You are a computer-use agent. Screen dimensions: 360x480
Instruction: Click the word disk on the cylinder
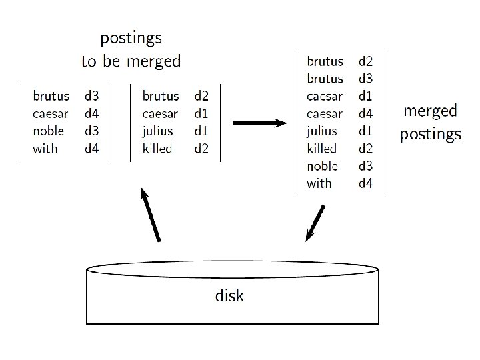pos(229,295)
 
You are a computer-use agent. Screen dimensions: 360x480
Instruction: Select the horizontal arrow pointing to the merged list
pos(259,123)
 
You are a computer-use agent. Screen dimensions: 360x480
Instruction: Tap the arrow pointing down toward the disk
pos(315,223)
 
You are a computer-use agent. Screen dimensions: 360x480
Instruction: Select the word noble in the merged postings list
pos(322,166)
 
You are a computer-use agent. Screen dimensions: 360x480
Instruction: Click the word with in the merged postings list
pos(319,183)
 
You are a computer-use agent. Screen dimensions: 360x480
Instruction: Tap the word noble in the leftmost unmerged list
pos(49,131)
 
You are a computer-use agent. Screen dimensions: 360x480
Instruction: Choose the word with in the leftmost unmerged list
pos(45,149)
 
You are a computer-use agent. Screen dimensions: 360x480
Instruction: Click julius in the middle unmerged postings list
pos(157,131)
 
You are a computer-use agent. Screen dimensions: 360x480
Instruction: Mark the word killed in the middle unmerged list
pos(157,149)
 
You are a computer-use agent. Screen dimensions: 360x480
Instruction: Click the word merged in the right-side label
pos(431,111)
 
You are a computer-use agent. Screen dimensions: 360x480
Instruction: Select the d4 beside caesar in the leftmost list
pos(91,114)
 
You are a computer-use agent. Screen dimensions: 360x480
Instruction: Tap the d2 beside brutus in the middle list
pos(201,97)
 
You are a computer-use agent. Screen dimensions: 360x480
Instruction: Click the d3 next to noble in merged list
pos(365,166)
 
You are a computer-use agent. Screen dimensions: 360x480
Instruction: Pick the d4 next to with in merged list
pos(365,183)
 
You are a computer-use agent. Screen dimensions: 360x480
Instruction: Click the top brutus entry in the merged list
pos(325,62)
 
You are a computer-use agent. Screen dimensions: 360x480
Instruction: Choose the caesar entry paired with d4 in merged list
pos(324,114)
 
